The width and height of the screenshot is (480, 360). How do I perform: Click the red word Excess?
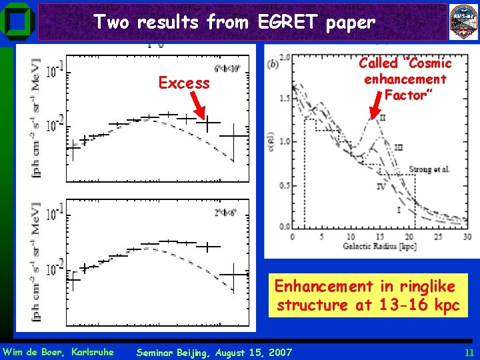coord(184,83)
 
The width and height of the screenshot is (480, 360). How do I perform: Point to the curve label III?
coord(399,147)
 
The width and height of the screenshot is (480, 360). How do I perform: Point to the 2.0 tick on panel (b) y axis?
coord(284,57)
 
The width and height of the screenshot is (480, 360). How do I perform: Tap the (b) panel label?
coord(273,64)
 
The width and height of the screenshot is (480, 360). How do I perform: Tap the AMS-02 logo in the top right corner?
coord(463,21)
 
